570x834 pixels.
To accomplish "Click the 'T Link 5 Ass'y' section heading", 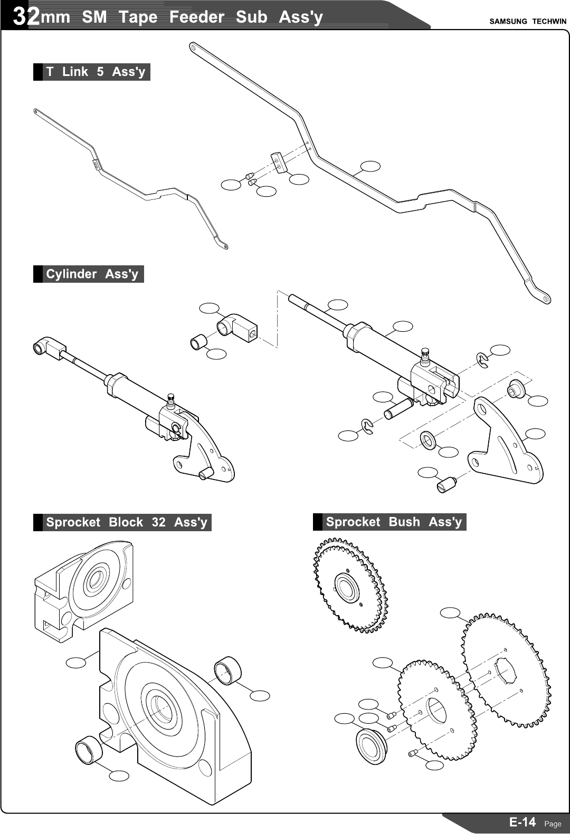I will click(95, 72).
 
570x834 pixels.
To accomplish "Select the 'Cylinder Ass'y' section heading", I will click(92, 274).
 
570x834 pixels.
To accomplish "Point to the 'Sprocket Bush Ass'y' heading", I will click(393, 522).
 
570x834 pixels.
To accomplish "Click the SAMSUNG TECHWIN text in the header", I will click(527, 22).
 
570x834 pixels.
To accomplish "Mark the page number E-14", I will click(522, 822).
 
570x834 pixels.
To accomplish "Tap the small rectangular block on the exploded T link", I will click(279, 162).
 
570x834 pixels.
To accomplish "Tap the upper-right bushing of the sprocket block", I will click(227, 670).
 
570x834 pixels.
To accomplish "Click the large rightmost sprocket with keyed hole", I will click(507, 670).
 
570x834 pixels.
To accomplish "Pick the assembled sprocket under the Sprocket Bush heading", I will click(350, 586).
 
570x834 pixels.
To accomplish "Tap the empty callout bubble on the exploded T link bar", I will click(370, 166).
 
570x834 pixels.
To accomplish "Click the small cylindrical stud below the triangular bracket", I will click(446, 483).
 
